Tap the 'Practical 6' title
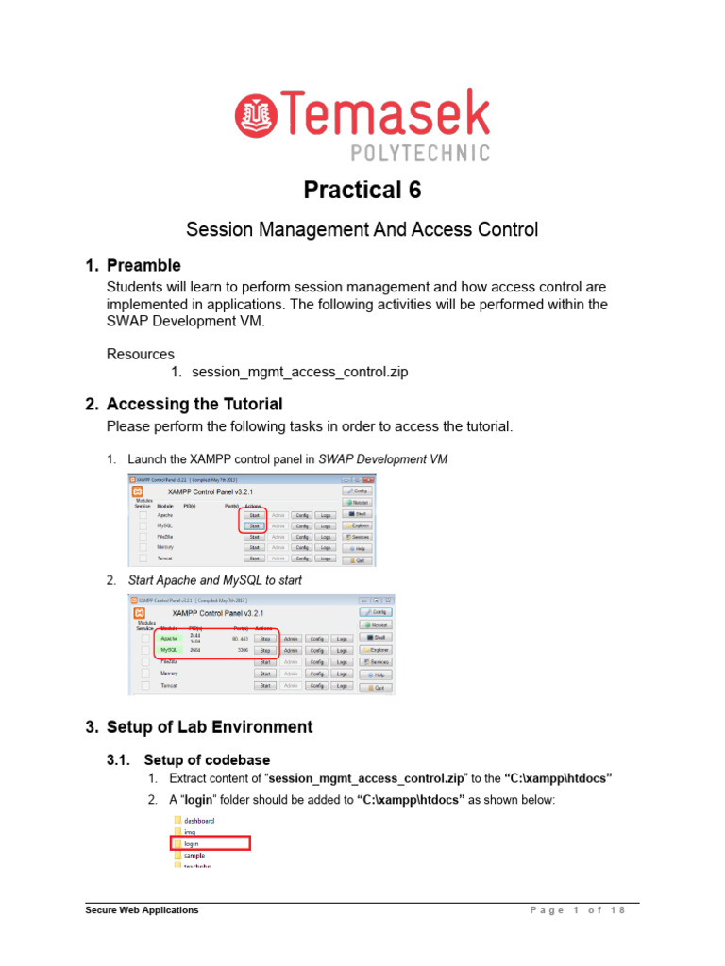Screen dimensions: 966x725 (362, 190)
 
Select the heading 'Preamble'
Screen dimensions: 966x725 (143, 265)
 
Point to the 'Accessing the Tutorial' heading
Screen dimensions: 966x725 (194, 404)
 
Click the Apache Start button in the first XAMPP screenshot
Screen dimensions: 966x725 (253, 514)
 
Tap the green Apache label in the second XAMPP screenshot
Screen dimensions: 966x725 (170, 638)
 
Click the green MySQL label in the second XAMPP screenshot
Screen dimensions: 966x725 (170, 650)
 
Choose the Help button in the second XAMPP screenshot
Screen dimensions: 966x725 (378, 675)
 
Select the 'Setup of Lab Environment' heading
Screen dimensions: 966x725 (209, 726)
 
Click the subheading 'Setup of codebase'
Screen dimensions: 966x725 (206, 759)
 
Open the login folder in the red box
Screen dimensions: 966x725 (193, 842)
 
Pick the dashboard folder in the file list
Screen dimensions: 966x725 (199, 820)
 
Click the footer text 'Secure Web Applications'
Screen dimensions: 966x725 (143, 910)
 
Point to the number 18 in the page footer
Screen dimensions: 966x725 (618, 910)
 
